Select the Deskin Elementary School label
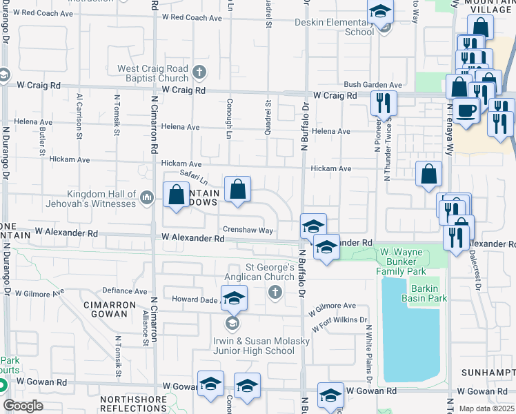(x=334, y=27)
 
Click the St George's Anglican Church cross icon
(x=275, y=293)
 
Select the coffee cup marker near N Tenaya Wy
(x=466, y=110)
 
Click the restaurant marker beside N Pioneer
(x=382, y=103)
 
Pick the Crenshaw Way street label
(x=248, y=230)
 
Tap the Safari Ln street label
(x=194, y=177)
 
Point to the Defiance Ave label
(x=124, y=291)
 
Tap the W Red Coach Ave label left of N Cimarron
(x=45, y=13)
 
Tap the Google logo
(x=23, y=405)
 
